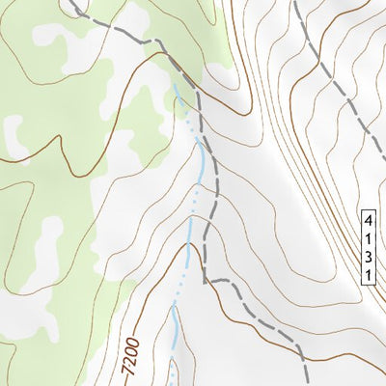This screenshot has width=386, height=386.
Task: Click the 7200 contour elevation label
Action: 133,356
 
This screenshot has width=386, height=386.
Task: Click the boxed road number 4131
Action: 369,247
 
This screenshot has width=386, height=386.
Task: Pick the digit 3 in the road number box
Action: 369,256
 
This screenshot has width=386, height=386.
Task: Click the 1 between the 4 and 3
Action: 369,238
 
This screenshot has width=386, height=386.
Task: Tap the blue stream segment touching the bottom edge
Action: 172,381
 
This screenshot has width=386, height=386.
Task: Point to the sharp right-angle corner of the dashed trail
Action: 206,281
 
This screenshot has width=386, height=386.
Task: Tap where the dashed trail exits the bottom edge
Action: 306,383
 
